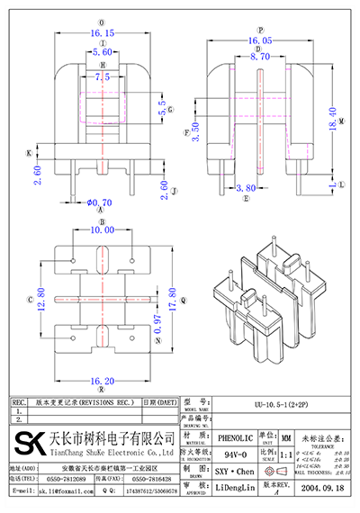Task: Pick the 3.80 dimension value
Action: [245, 189]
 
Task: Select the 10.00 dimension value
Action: [103, 230]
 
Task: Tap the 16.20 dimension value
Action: [102, 382]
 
